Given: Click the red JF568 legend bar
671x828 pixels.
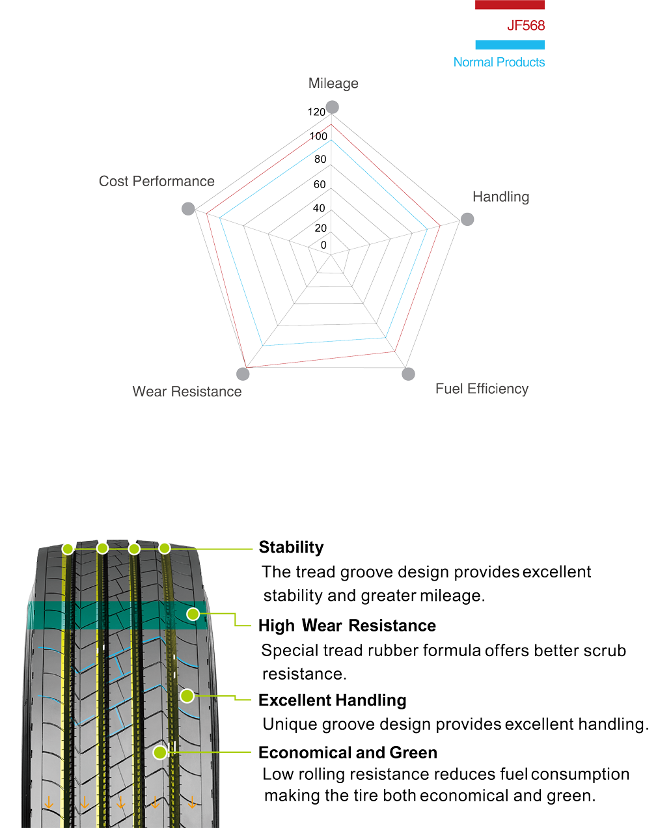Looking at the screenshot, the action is [510, 5].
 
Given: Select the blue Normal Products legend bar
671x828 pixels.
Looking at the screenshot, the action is [510, 45].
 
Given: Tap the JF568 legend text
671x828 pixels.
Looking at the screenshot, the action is [526, 25].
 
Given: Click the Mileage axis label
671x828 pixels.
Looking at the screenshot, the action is [333, 83].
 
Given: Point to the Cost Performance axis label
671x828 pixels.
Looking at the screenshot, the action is [157, 181].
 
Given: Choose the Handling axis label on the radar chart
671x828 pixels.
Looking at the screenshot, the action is [501, 197].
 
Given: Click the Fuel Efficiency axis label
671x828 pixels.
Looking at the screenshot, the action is [482, 389].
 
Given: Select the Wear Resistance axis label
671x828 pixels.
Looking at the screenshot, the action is [187, 391].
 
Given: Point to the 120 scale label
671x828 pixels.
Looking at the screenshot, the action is [316, 112].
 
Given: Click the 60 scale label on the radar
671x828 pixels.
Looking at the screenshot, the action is [320, 184].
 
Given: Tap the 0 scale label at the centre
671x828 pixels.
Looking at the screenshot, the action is [323, 245].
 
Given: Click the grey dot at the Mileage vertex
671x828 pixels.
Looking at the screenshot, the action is [332, 107].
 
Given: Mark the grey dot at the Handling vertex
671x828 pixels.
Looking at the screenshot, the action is [467, 219].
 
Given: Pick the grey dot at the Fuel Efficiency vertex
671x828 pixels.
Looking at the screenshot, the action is [408, 374].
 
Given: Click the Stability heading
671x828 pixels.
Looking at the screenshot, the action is [291, 547].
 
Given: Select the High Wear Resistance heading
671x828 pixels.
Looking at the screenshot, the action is [347, 626].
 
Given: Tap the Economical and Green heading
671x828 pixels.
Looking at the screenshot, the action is [348, 752].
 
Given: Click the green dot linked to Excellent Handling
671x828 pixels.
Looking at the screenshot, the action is [187, 695].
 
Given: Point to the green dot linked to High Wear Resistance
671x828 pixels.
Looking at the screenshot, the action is [193, 614].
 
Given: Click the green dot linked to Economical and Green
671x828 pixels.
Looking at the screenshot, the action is [159, 752].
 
